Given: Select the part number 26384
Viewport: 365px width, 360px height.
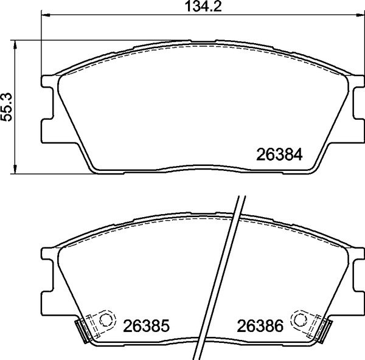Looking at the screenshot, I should pyautogui.click(x=281, y=154).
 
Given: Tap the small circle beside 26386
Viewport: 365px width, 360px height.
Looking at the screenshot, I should pyautogui.click(x=300, y=319).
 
